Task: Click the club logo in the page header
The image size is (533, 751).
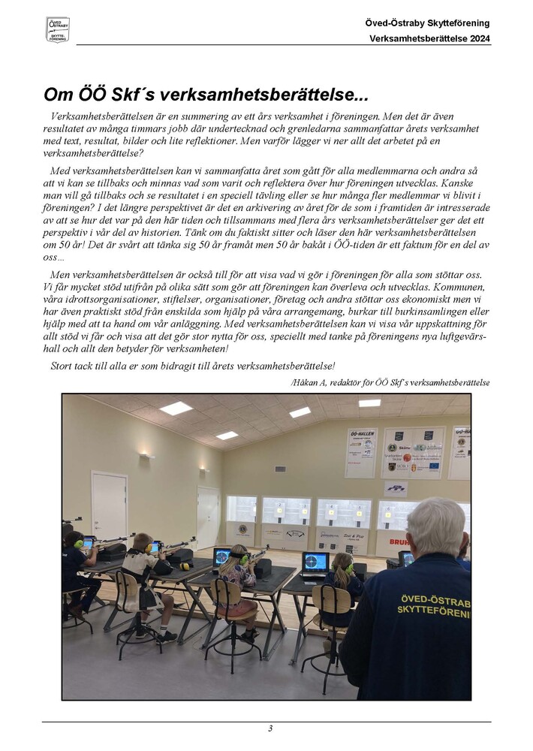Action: (58, 29)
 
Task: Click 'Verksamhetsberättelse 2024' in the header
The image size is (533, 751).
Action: (429, 38)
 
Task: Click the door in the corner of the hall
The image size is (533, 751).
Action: (208, 517)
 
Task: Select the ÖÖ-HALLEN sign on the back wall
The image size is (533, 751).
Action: (361, 453)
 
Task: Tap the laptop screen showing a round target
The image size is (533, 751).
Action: (315, 562)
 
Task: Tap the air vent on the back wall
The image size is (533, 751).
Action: (280, 469)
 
